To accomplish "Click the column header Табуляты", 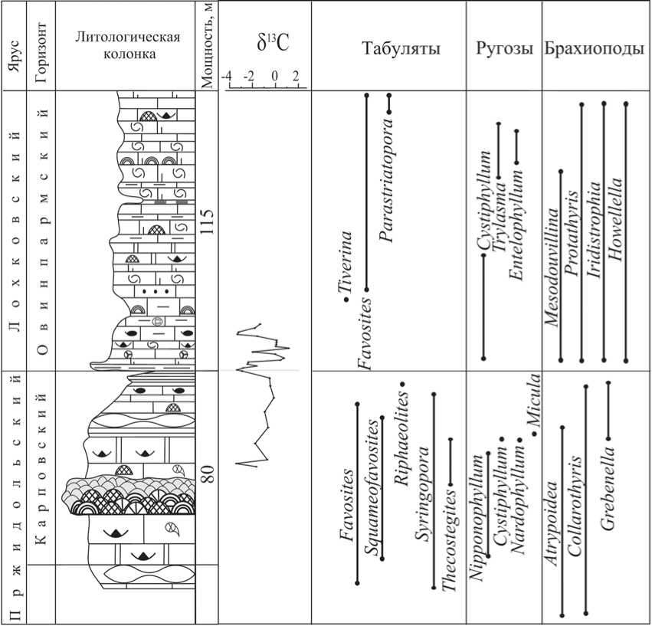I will coord(401,50).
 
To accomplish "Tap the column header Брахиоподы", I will coord(595,50).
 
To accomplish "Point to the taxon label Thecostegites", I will coord(451,537).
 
